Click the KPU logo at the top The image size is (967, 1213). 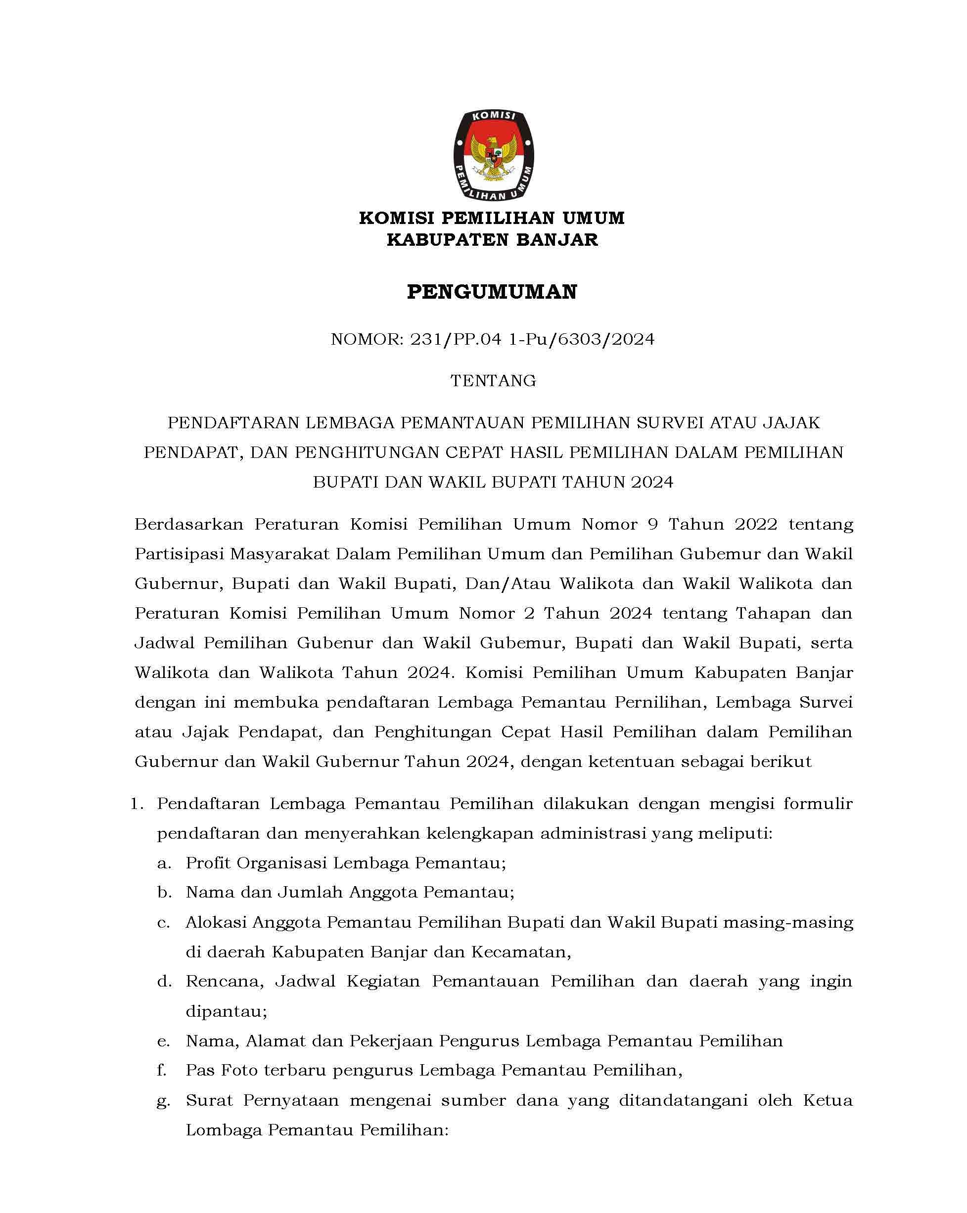point(493,155)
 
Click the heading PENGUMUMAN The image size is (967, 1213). point(492,292)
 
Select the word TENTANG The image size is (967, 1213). point(493,381)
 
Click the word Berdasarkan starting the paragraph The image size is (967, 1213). point(188,524)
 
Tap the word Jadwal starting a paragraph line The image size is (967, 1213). point(164,643)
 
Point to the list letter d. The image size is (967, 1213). point(164,982)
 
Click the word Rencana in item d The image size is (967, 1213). point(225,982)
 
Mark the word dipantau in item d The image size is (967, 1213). point(226,1012)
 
